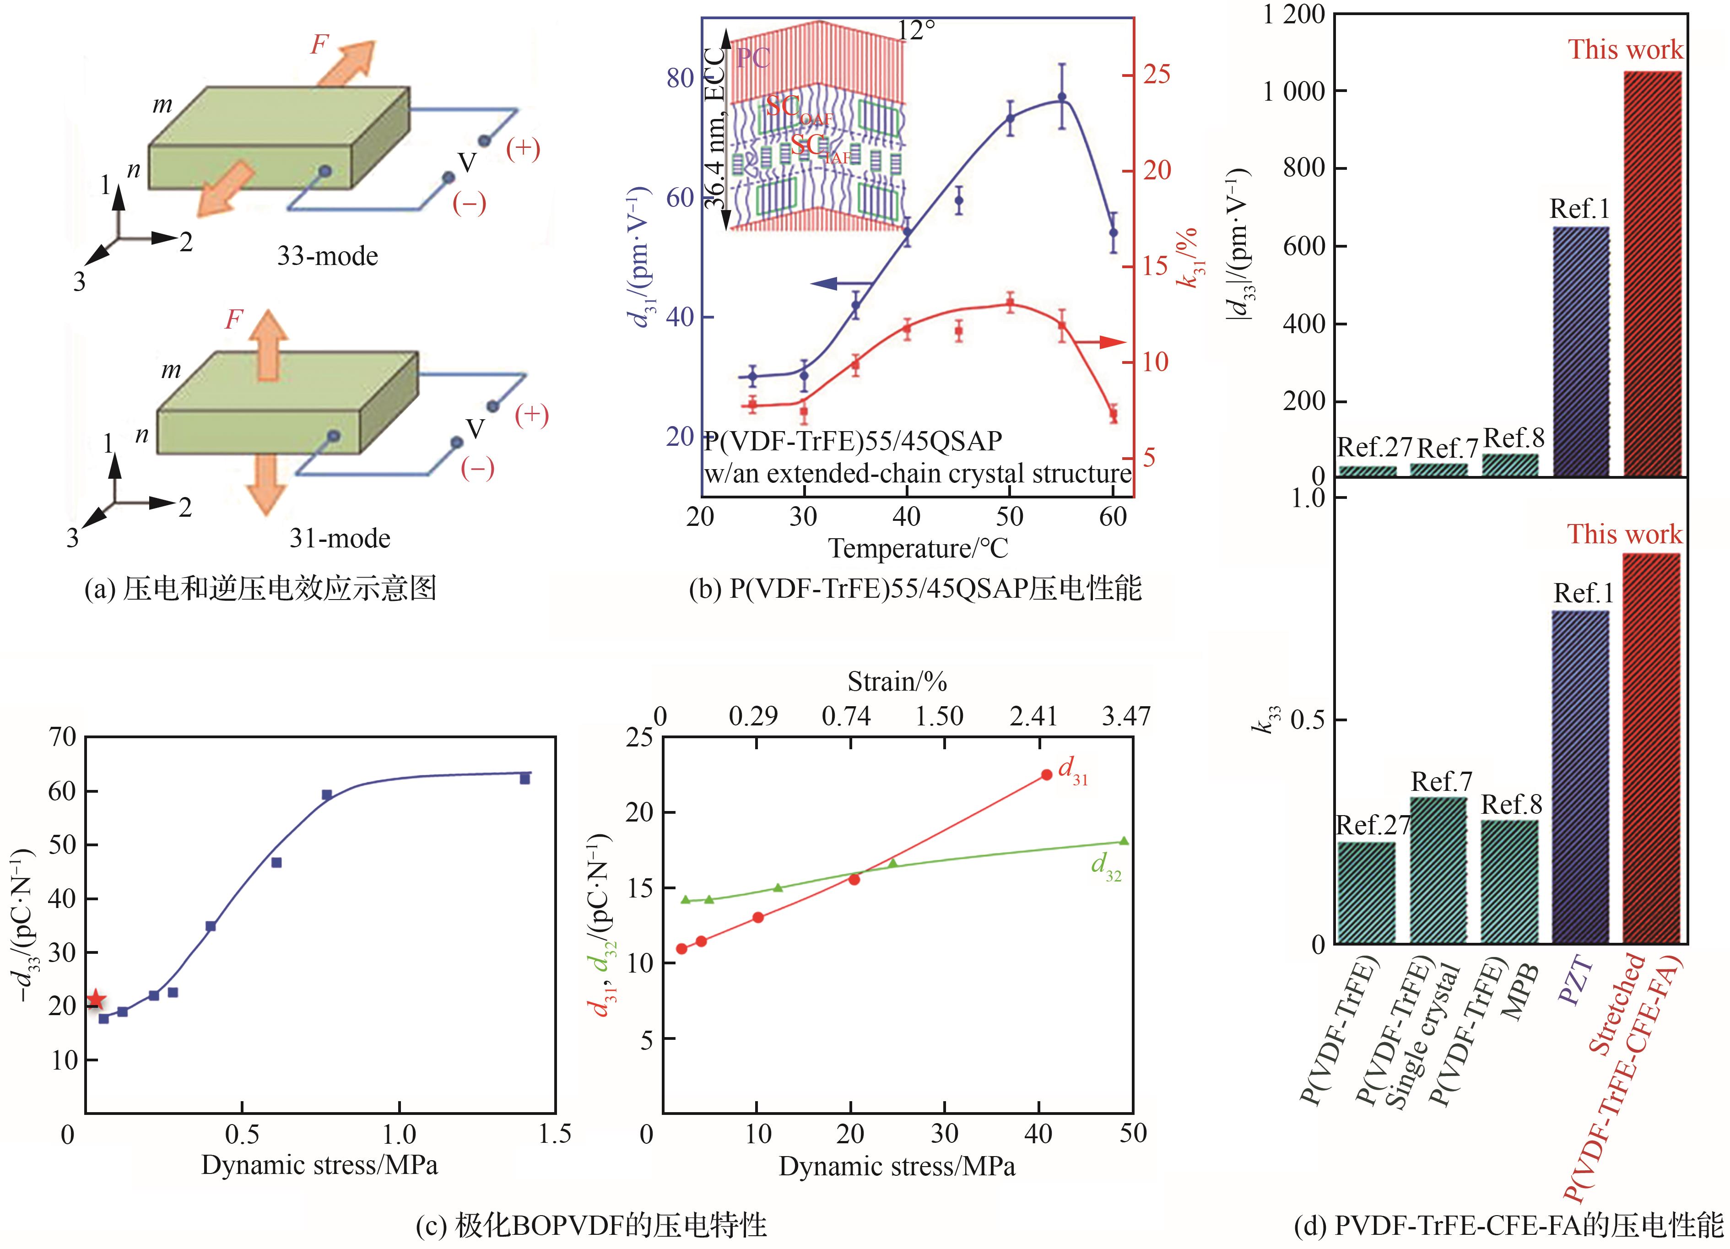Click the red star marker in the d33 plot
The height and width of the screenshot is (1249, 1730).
pyautogui.click(x=95, y=999)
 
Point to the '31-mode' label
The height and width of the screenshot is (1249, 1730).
pyautogui.click(x=340, y=539)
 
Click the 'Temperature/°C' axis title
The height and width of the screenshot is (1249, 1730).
pyautogui.click(x=919, y=548)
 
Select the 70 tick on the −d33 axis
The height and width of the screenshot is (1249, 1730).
pyautogui.click(x=63, y=737)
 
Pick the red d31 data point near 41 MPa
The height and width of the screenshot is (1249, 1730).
pyautogui.click(x=1047, y=774)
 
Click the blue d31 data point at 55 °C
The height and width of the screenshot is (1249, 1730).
pyautogui.click(x=1061, y=97)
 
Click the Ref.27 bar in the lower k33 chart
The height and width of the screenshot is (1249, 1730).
pyautogui.click(x=1366, y=892)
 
